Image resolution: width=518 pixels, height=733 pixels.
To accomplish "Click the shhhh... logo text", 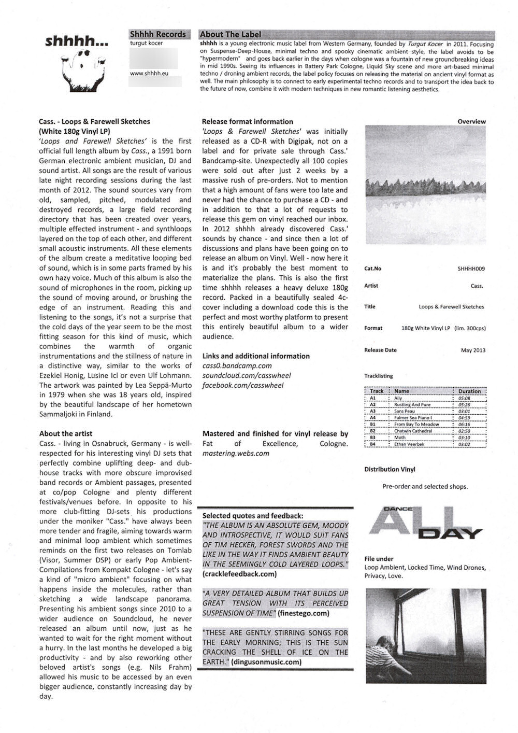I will click(x=77, y=41).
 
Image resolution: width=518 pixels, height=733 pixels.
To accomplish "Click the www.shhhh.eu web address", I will click(x=149, y=74).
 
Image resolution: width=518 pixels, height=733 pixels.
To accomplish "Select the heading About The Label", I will click(x=231, y=35).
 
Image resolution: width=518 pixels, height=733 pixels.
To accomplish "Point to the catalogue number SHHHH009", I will click(x=471, y=269).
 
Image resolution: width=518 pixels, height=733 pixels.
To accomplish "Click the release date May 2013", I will click(x=473, y=350).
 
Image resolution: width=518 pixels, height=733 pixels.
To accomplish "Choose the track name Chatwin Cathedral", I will click(x=413, y=431).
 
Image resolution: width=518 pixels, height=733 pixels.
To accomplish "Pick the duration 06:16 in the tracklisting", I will click(x=464, y=424).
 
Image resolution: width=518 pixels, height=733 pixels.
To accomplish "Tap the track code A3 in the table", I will click(x=373, y=411).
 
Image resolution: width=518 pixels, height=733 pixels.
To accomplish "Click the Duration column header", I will click(x=469, y=391).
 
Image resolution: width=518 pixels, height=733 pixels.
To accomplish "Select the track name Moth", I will click(x=400, y=438).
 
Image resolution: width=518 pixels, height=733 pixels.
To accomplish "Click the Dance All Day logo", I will click(x=425, y=524).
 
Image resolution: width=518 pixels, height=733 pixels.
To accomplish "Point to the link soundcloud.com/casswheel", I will click(x=247, y=375).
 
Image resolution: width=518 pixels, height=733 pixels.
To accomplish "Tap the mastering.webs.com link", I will click(x=236, y=453).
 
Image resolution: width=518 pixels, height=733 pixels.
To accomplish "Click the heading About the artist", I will click(x=66, y=433).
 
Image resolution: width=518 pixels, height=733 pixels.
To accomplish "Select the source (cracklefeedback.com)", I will click(x=240, y=574).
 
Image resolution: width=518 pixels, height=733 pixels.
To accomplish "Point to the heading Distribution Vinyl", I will click(x=390, y=469).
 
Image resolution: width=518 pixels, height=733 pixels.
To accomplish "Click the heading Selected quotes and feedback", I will click(x=253, y=516).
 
